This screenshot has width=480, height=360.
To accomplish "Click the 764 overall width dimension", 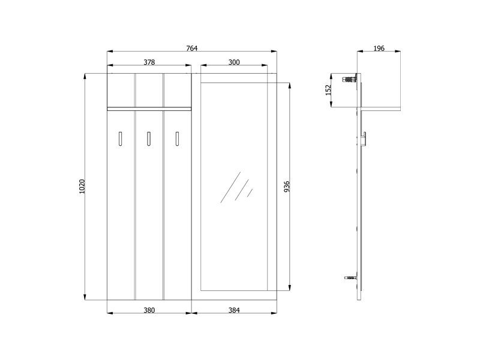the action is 192,49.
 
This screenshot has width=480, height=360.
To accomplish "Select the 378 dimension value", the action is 149,62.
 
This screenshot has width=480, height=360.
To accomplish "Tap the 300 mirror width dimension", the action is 234,62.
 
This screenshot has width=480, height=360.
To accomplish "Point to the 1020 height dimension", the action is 82,187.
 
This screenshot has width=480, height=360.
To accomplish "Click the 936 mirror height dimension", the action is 287,187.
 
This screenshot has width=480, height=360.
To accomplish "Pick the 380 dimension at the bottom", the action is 149,310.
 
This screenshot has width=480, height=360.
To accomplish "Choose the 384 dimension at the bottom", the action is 234,310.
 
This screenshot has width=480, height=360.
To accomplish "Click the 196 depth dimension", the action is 379,49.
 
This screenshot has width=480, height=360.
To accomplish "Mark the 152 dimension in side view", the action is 328,91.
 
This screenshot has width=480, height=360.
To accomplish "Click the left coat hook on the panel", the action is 121,139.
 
